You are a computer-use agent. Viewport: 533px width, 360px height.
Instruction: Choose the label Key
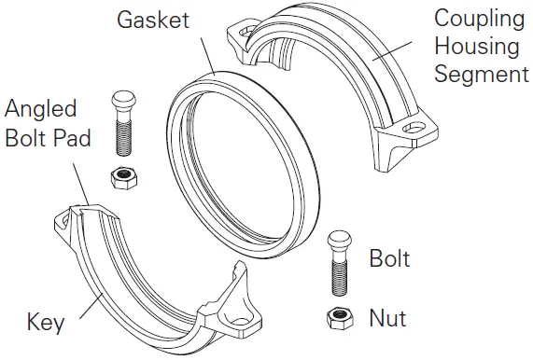(46, 323)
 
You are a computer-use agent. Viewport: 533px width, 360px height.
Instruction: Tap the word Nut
(388, 318)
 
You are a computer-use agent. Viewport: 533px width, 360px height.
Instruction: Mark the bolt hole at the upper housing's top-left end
(245, 31)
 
